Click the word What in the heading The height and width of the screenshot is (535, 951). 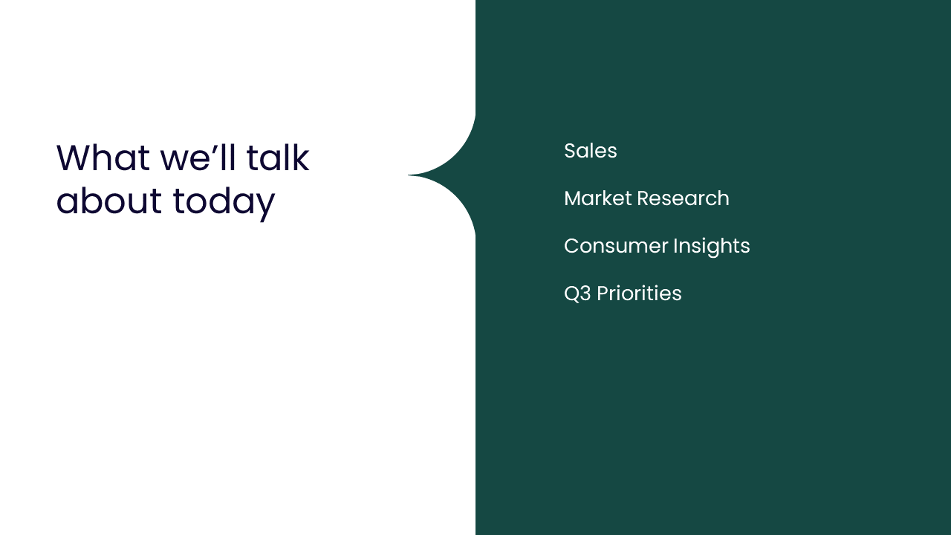click(103, 158)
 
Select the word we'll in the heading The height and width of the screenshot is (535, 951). click(198, 158)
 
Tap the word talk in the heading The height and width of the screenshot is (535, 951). click(278, 158)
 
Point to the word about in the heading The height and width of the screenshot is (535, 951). click(108, 201)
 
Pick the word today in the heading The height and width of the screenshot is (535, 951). click(224, 204)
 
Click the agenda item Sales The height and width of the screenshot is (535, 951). click(591, 151)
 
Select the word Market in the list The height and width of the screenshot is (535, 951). click(598, 198)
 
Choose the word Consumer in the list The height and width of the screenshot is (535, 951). click(616, 246)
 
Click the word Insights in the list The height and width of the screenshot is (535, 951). click(712, 247)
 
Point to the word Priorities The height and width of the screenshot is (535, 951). click(639, 294)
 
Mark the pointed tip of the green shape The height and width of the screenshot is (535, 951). click(409, 175)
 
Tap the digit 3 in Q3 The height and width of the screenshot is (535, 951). click(585, 294)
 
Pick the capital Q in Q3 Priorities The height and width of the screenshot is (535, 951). click(571, 294)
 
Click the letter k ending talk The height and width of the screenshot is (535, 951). click(301, 158)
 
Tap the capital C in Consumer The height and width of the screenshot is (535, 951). click(571, 246)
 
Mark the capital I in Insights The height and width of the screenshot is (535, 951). click(675, 246)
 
